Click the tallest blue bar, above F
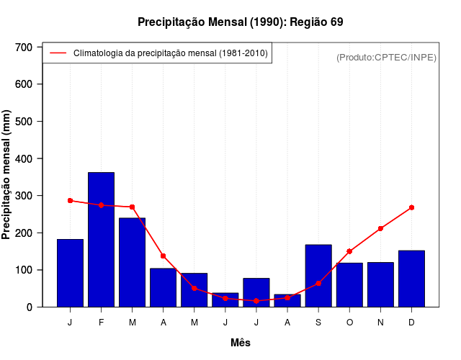click(101, 239)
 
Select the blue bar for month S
click(318, 276)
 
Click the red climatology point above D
click(411, 207)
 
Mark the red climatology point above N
click(380, 228)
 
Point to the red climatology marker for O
click(349, 251)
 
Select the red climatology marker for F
click(101, 205)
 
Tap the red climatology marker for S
click(318, 284)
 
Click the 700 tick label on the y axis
click(24, 48)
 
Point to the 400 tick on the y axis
click(24, 158)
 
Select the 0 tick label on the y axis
click(30, 307)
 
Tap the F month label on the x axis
click(101, 323)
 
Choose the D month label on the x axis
click(411, 323)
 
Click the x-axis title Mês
click(241, 343)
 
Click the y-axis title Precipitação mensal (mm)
click(7, 175)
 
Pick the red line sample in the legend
click(58, 53)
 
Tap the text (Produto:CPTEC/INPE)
click(387, 57)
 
